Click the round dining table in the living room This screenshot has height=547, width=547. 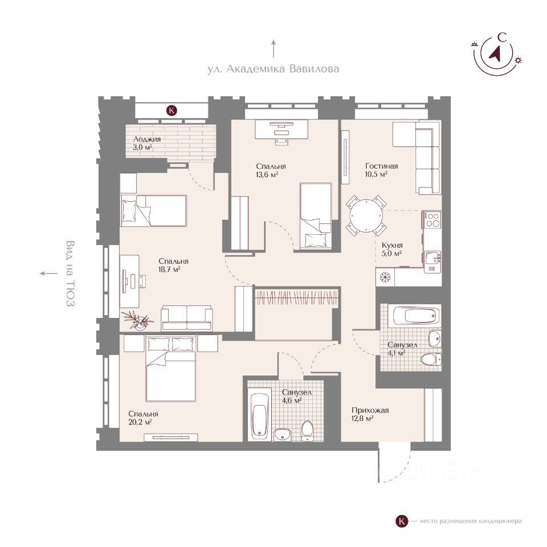pyautogui.click(x=366, y=215)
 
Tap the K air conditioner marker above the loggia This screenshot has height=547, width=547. pyautogui.click(x=172, y=111)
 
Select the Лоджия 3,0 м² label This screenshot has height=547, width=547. pyautogui.click(x=146, y=143)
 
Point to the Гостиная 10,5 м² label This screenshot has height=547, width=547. pyautogui.click(x=381, y=170)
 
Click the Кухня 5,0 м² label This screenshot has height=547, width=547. pyautogui.click(x=392, y=250)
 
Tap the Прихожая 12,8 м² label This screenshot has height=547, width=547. pyautogui.click(x=370, y=414)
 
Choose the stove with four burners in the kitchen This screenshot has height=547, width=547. pyautogui.click(x=432, y=219)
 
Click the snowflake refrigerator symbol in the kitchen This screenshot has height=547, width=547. pyautogui.click(x=385, y=277)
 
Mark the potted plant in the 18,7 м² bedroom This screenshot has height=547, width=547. pyautogui.click(x=138, y=320)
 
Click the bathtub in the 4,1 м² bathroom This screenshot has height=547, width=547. pyautogui.click(x=415, y=316)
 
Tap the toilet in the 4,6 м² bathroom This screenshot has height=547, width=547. pyautogui.click(x=307, y=431)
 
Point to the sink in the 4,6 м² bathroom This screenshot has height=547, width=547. pyautogui.click(x=282, y=435)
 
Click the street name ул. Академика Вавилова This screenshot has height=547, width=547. pyautogui.click(x=273, y=69)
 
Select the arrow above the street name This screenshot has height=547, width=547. pyautogui.click(x=273, y=48)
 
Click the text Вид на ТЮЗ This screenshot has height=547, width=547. pyautogui.click(x=70, y=273)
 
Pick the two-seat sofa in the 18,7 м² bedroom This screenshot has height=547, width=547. pyautogui.click(x=187, y=318)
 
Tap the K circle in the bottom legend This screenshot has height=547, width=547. pyautogui.click(x=402, y=521)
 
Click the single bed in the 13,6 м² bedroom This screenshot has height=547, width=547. pyautogui.click(x=315, y=217)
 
